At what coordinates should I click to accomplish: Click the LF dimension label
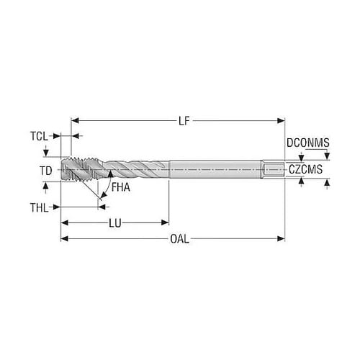point(184,121)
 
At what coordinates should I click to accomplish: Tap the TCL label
point(39,136)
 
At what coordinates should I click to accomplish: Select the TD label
point(46,171)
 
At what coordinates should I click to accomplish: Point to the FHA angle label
point(121,187)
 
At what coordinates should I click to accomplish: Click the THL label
point(39,207)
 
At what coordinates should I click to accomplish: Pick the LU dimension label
point(115,223)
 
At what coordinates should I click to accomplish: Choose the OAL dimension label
point(179,239)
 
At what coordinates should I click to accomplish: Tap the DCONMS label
point(308,143)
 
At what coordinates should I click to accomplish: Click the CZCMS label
point(305,169)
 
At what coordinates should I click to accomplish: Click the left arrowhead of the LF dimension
point(75,120)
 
